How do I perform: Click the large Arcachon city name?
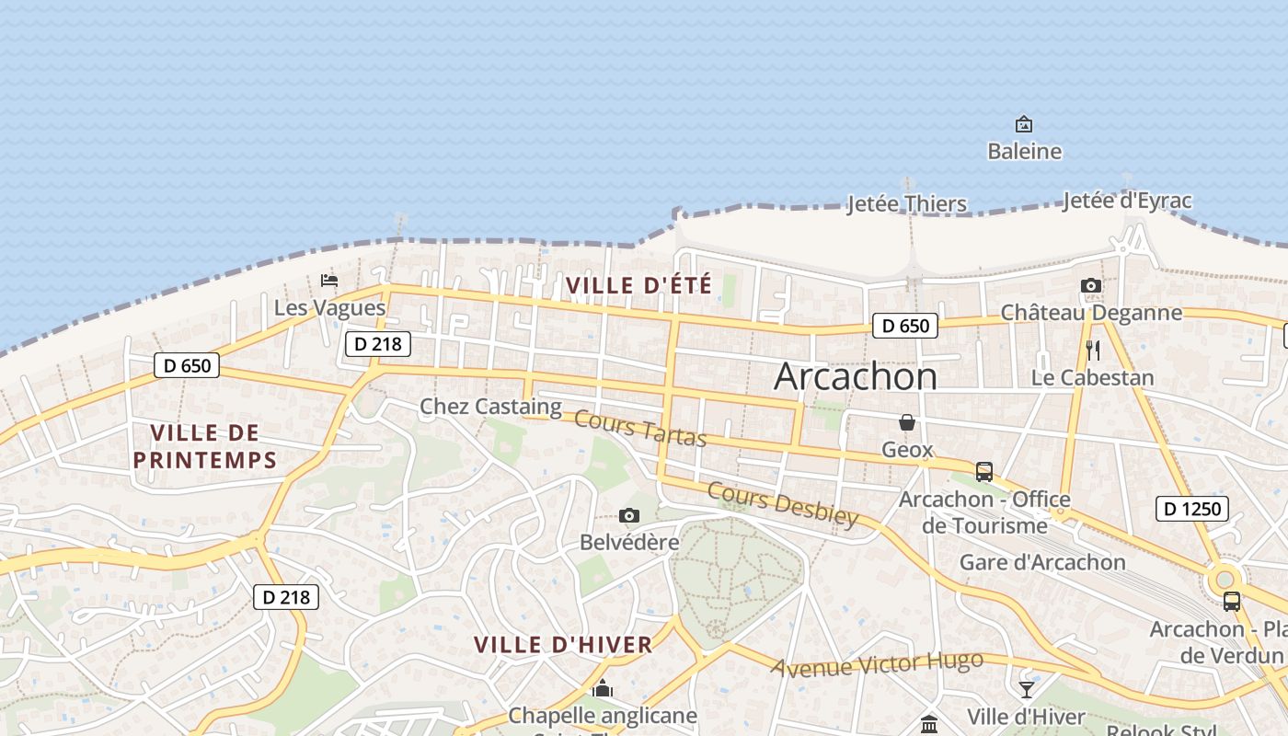856,376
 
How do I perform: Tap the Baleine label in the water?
1024,151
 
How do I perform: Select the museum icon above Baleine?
1023,124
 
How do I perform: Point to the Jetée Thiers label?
906,203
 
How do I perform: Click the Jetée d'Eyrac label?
1127,201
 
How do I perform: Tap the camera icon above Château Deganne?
1091,286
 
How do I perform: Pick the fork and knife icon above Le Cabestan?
1093,351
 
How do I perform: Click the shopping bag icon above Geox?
907,422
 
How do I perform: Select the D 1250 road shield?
1191,509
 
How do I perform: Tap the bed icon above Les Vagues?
329,281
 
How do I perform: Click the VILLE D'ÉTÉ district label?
639,286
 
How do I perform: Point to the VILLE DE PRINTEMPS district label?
205,446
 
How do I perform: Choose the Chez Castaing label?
490,406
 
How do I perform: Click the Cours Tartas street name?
640,429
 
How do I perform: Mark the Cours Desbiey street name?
782,503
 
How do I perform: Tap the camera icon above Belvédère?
629,516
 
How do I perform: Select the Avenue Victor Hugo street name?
877,664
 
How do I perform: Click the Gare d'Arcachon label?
1042,562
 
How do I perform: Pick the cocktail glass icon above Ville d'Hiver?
1027,689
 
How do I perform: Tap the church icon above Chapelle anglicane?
603,688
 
